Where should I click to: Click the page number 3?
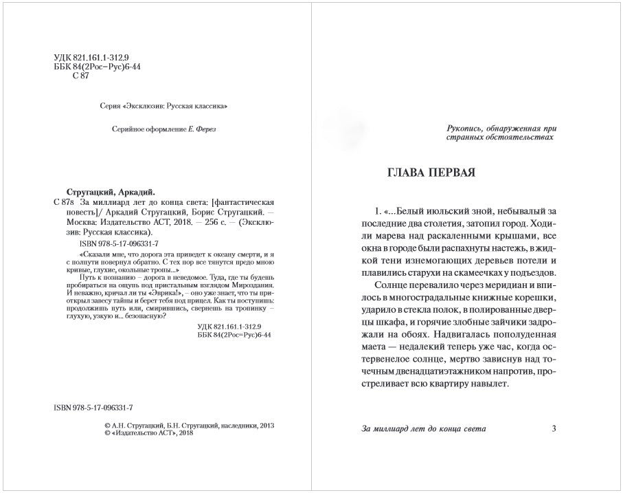click(x=554, y=429)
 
